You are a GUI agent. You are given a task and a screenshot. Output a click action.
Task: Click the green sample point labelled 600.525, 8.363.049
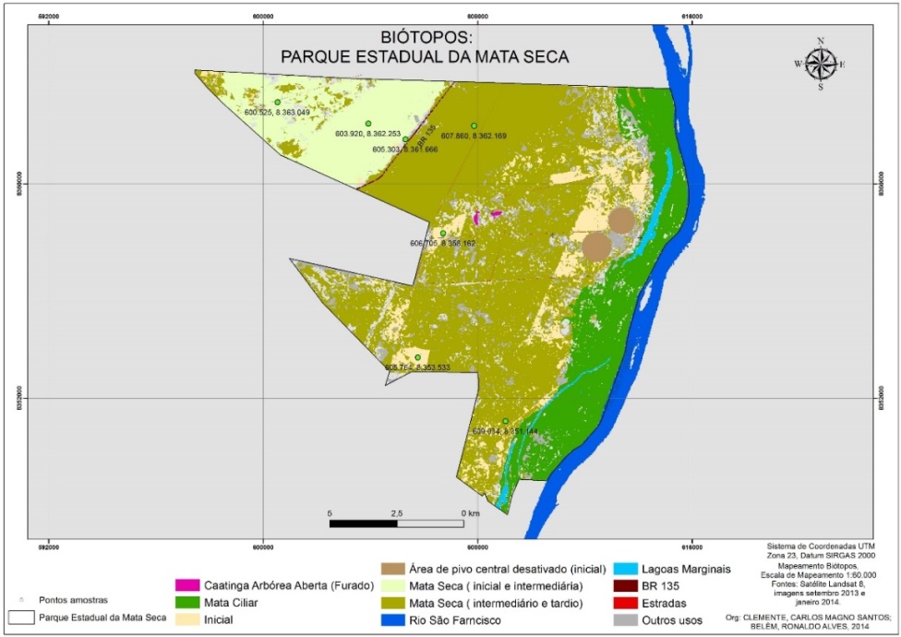pos(277,102)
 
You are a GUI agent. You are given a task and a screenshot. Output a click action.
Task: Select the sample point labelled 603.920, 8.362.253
pos(367,124)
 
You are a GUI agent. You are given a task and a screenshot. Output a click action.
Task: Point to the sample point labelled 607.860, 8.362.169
pos(474,126)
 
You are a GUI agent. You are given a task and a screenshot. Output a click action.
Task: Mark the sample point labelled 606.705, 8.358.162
pos(443,234)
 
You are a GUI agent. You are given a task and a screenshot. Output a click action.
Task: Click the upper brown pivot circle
pos(621,221)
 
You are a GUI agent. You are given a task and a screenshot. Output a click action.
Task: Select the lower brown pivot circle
pos(596,246)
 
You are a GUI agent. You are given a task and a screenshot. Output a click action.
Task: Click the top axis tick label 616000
pos(691,18)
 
